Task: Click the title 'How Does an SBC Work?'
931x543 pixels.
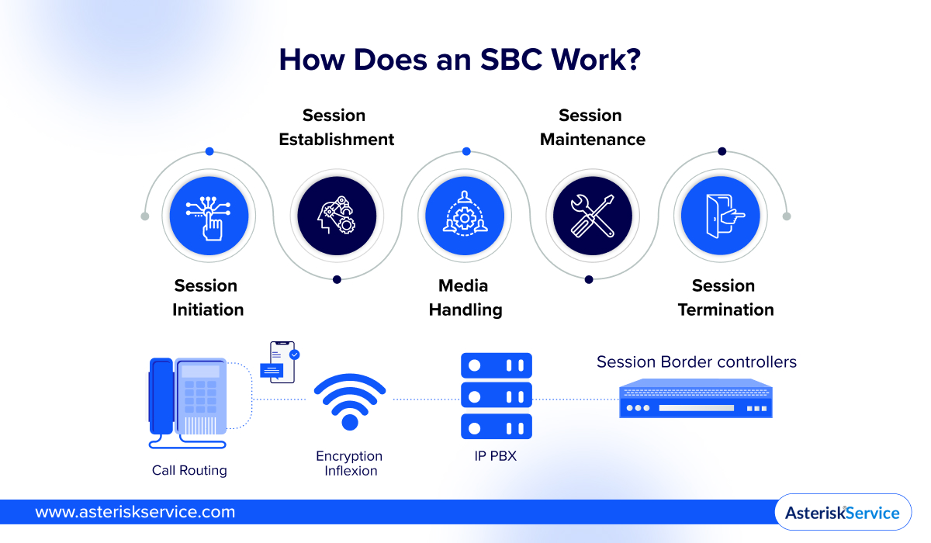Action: (x=459, y=60)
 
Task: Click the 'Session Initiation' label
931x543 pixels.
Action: (x=207, y=298)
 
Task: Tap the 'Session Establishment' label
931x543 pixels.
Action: (x=336, y=127)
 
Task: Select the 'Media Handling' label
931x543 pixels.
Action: (x=465, y=298)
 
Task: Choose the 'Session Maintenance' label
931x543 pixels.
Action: (x=592, y=127)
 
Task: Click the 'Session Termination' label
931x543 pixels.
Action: (x=725, y=298)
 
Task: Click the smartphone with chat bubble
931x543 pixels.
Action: (x=282, y=361)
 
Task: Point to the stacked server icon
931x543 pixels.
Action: (x=496, y=396)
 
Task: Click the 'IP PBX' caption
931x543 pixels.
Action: (x=495, y=456)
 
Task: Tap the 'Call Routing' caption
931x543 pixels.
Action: (x=189, y=470)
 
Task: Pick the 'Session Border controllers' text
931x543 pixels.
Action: (x=696, y=362)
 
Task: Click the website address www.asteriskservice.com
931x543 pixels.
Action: (x=135, y=512)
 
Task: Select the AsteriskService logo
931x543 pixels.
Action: (x=843, y=513)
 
